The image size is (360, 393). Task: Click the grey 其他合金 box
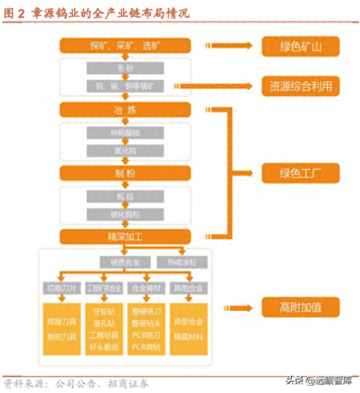[189, 288]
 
